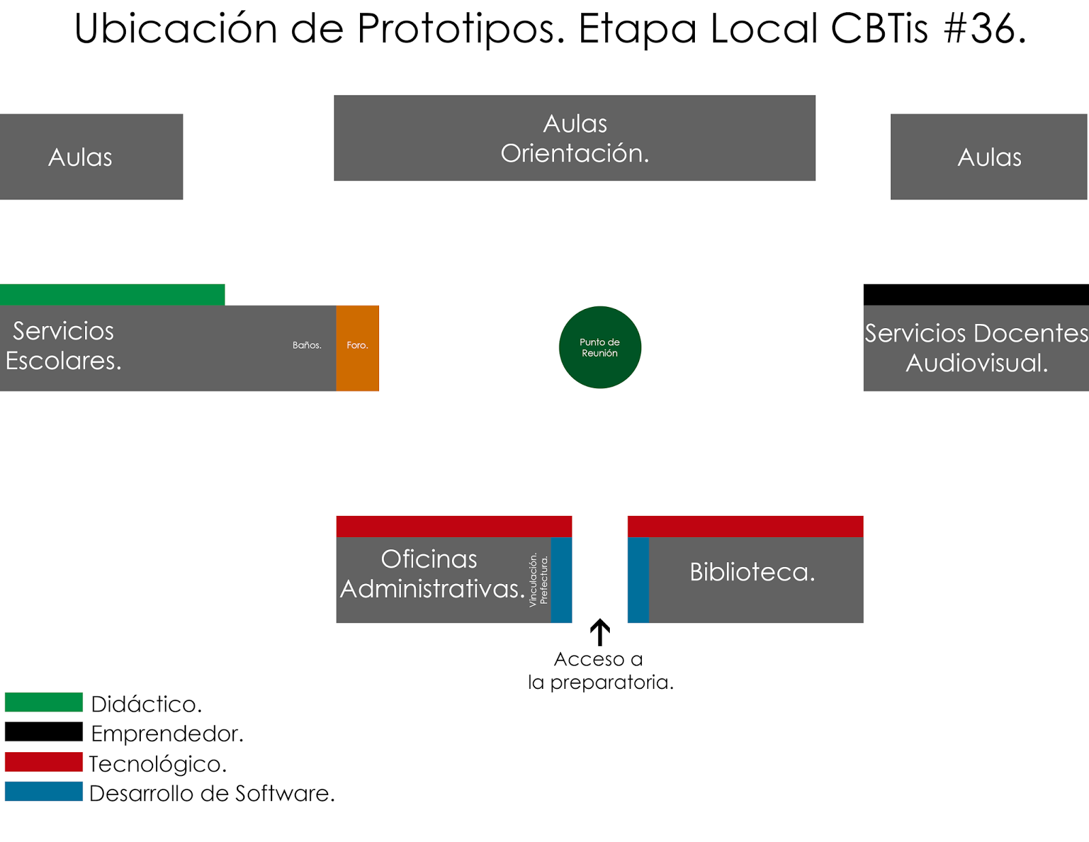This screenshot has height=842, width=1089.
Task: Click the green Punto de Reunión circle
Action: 600,347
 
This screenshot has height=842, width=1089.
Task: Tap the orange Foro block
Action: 357,348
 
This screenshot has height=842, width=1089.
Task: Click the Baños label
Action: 307,345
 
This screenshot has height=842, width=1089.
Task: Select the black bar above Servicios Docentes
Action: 976,295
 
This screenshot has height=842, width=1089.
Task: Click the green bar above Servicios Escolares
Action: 112,295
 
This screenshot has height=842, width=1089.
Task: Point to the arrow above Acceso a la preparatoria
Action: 600,632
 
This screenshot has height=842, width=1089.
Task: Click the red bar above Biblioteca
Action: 745,526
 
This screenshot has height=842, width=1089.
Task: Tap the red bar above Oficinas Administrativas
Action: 454,526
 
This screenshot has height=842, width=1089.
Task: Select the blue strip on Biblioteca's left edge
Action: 638,580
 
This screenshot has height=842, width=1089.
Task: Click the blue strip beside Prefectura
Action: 562,580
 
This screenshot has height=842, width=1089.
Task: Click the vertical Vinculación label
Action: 533,580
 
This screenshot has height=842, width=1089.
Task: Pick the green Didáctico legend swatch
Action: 44,702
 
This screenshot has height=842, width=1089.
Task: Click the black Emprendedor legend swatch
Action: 44,732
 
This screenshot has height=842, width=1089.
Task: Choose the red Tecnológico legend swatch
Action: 44,762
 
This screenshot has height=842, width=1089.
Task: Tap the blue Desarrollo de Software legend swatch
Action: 44,792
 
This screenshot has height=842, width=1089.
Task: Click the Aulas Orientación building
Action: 574,138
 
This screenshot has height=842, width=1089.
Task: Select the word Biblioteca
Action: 752,572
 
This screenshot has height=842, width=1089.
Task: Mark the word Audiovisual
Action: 976,363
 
